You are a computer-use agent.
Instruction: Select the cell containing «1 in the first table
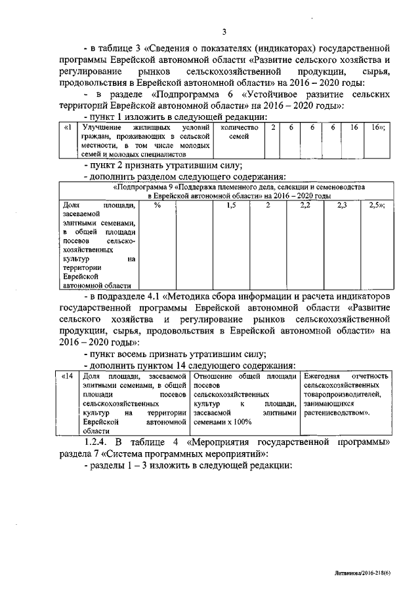tap(67, 126)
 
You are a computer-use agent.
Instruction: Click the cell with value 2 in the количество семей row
tap(272, 126)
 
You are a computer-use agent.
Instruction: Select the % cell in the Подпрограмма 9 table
tap(157, 206)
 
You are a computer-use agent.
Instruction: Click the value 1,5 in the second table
tap(231, 206)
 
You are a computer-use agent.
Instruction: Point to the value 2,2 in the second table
tap(304, 206)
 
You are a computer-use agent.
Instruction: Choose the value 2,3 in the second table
tap(341, 206)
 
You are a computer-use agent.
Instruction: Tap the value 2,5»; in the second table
tap(377, 206)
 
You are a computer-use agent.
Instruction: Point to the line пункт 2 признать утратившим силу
tap(163, 164)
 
